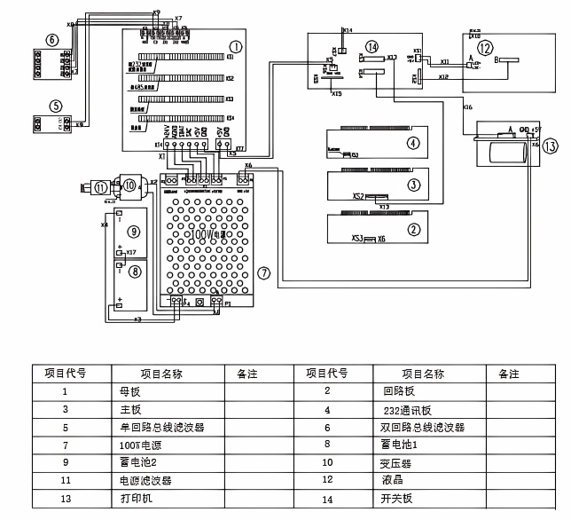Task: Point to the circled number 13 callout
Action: (551, 146)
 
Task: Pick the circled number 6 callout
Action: (52, 39)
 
